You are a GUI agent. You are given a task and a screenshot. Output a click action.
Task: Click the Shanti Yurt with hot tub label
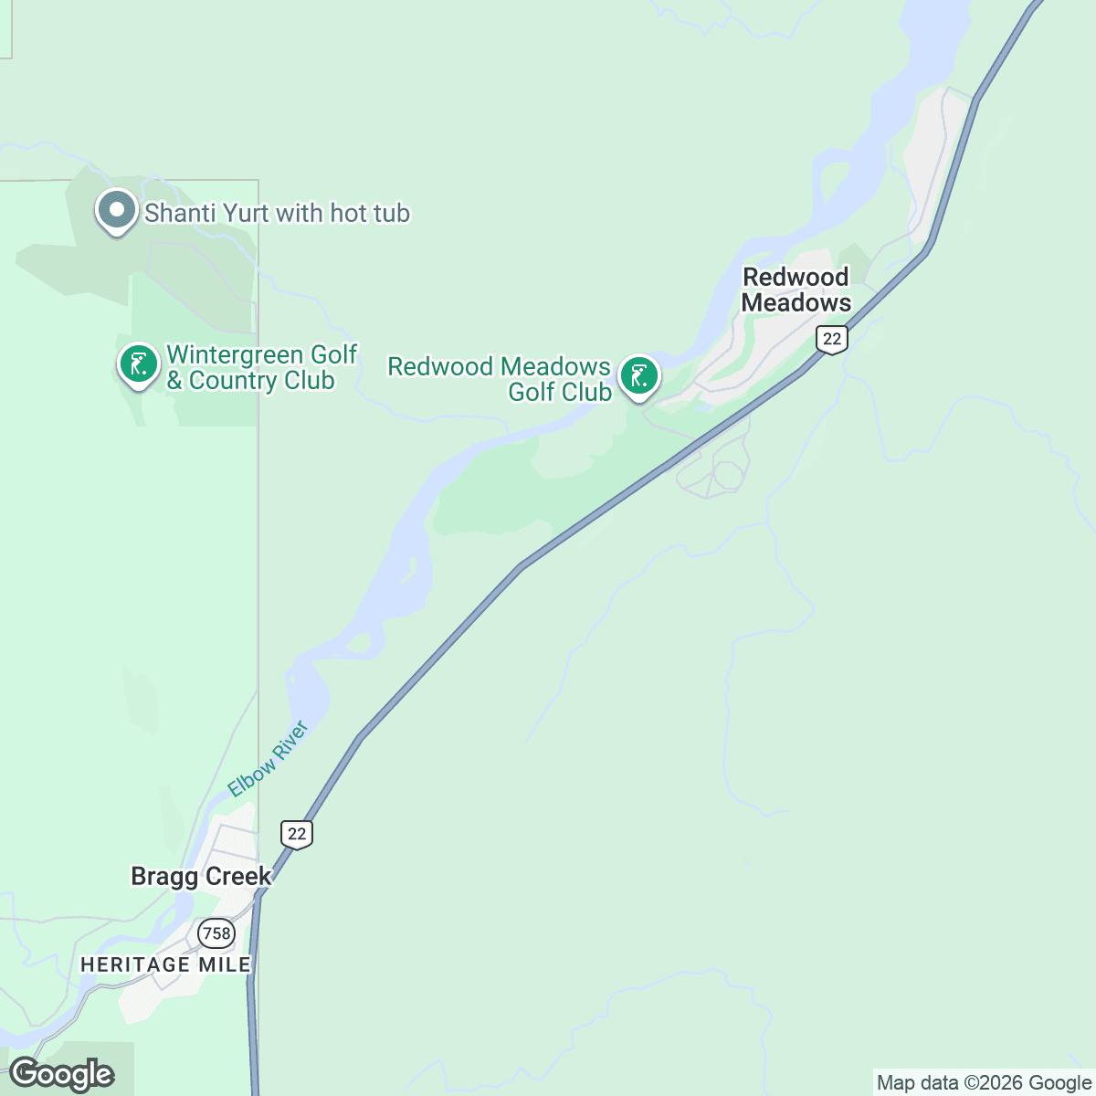277,214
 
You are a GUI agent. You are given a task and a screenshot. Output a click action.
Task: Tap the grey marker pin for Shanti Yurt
116,211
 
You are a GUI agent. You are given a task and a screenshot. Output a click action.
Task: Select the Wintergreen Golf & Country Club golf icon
138,365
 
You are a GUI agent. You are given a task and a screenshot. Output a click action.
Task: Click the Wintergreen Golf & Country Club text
261,367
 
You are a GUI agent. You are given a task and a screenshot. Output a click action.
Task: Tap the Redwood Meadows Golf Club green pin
639,376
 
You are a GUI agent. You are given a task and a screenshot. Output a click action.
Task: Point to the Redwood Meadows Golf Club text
500,379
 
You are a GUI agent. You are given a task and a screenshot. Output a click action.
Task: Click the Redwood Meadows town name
796,290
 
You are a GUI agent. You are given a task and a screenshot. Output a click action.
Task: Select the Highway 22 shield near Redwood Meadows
831,339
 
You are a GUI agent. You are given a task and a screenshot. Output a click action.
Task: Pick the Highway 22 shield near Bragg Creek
297,834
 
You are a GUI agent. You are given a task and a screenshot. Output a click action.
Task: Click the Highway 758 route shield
216,933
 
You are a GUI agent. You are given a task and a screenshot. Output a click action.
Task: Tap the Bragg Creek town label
201,877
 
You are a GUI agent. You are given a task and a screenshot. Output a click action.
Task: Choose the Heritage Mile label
165,964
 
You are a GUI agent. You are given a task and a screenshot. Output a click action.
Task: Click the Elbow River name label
269,759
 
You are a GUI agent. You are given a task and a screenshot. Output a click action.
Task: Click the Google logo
61,1075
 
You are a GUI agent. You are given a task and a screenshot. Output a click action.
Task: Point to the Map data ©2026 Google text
984,1083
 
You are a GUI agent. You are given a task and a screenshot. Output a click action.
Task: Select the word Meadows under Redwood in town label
796,302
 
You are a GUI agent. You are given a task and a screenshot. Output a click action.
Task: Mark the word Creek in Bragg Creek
238,877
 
